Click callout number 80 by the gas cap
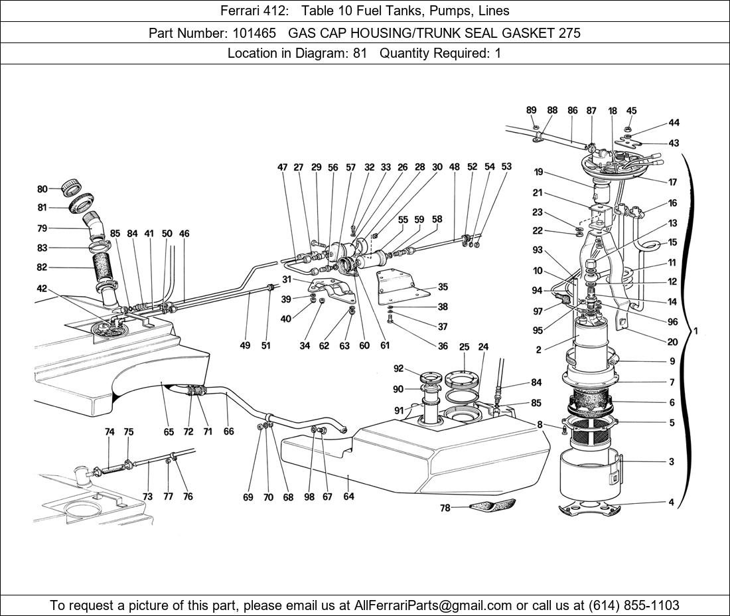click(42, 189)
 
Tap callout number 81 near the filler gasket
click(42, 208)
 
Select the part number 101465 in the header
click(241, 33)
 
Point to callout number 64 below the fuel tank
click(349, 497)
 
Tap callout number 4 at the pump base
click(672, 502)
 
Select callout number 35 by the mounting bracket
click(443, 287)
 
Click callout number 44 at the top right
click(674, 123)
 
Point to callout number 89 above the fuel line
click(532, 111)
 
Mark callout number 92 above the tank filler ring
click(398, 369)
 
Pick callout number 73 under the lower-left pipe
click(147, 497)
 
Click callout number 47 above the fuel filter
click(283, 168)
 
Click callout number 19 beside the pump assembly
click(538, 173)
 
